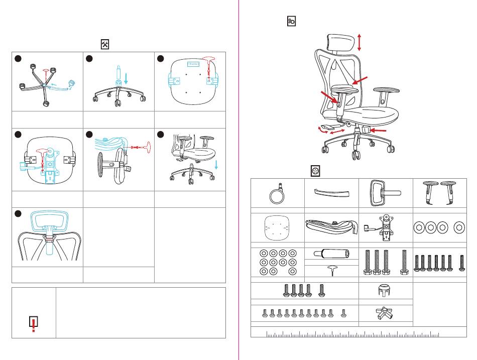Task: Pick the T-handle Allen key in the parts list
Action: tap(331, 270)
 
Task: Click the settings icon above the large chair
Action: tap(291, 21)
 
